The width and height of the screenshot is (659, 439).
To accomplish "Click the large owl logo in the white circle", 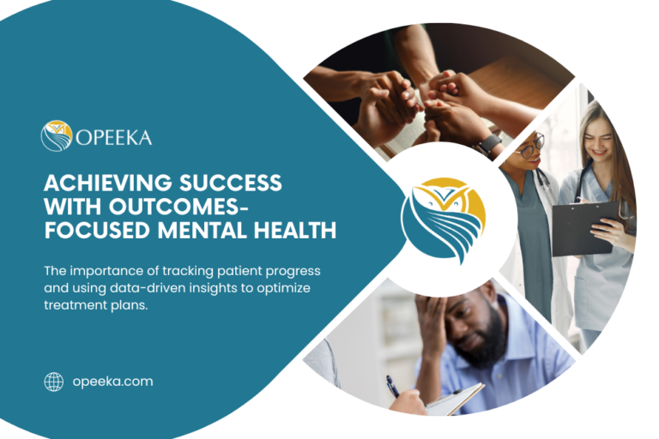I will [x=443, y=219].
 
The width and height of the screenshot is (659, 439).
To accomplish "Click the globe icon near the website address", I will [x=54, y=382].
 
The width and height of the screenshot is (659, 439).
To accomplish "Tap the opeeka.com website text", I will [x=112, y=382].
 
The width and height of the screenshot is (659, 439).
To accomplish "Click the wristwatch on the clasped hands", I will [x=489, y=143].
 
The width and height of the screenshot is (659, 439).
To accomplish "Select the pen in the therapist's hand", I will [x=392, y=385].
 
